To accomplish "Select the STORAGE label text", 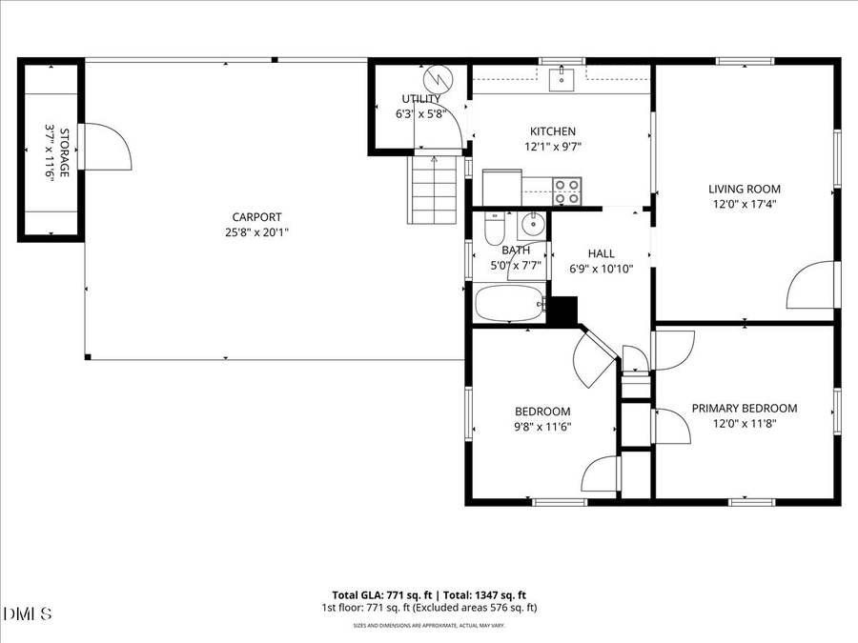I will point(65,152).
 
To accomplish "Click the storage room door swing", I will point(103,147).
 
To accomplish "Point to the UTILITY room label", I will point(420,98).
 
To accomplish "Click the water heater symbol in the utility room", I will point(437,75).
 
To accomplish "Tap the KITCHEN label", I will point(553,131).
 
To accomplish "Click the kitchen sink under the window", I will point(562,77).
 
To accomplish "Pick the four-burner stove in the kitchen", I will point(567,191).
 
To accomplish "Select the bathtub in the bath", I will point(510,306).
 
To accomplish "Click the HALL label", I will point(601,253).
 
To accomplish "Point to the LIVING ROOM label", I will point(744,189).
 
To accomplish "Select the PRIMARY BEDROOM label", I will point(744,409).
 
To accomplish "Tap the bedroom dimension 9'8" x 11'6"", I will point(541,428).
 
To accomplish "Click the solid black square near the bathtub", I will point(564,311).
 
